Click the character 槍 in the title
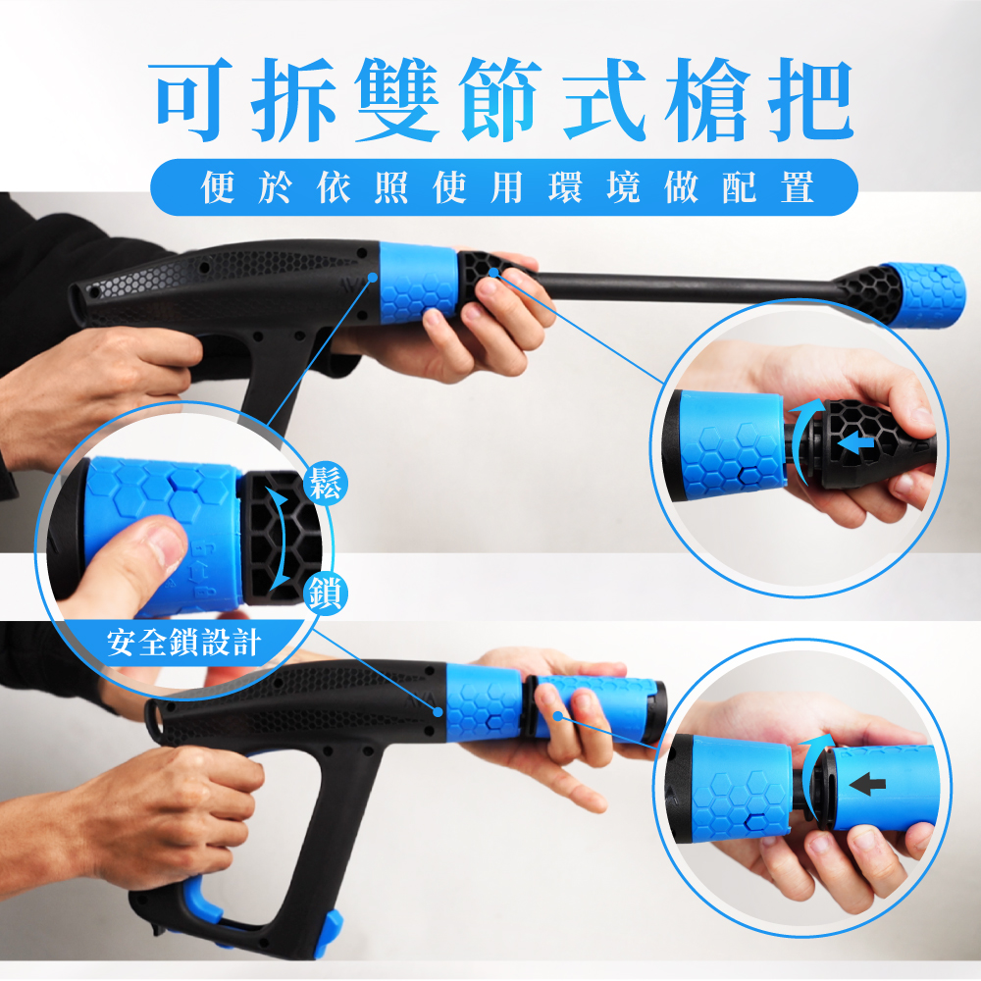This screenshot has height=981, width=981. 708,99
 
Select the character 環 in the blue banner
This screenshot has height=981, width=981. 566,187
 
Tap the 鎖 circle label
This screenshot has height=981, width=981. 326,594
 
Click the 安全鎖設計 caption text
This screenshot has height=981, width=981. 182,643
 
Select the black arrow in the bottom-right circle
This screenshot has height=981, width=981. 867,784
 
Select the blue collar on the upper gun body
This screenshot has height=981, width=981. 419,284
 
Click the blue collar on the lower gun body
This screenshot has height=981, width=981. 484,702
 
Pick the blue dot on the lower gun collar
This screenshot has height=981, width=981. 439,712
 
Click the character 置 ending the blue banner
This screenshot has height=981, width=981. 798,187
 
